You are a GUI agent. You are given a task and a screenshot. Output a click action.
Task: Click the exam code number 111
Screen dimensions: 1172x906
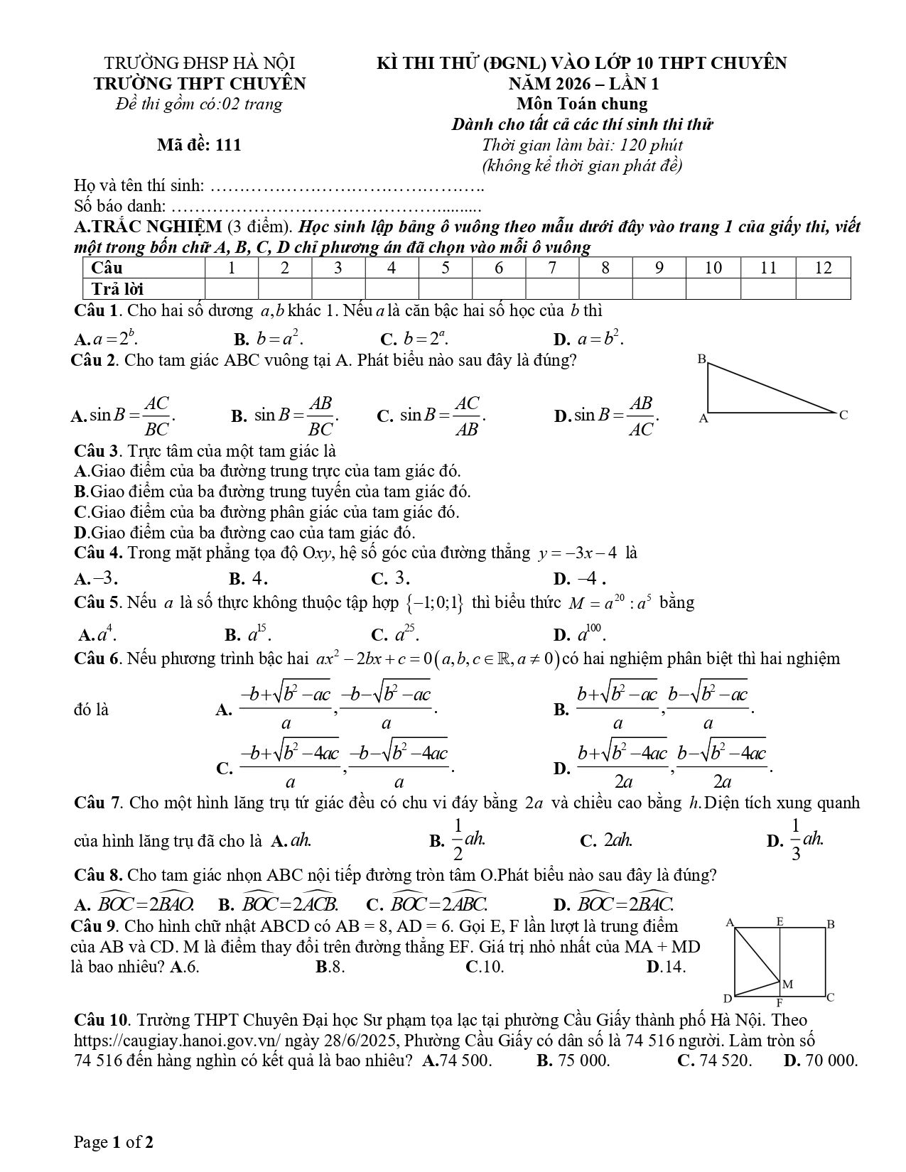pos(227,145)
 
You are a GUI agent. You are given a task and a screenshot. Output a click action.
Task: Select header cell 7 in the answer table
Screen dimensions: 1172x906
pos(552,268)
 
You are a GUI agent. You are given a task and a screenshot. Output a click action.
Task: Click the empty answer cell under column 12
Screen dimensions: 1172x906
pos(823,289)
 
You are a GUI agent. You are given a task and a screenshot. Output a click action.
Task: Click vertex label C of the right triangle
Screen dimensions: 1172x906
pos(843,415)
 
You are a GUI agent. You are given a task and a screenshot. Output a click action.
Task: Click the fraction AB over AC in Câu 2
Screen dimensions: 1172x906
pos(641,416)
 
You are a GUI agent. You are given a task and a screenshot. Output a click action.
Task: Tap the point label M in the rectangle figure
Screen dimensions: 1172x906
pos(787,984)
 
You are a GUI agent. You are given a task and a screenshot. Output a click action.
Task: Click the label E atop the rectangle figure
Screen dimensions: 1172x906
pos(780,922)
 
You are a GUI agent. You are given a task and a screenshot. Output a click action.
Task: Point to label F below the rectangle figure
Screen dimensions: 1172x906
pos(780,1004)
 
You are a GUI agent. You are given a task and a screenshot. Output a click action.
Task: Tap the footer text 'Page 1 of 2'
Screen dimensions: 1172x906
pos(114,1142)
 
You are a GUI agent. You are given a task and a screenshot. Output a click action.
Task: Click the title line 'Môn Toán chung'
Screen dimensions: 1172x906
pos(582,104)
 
